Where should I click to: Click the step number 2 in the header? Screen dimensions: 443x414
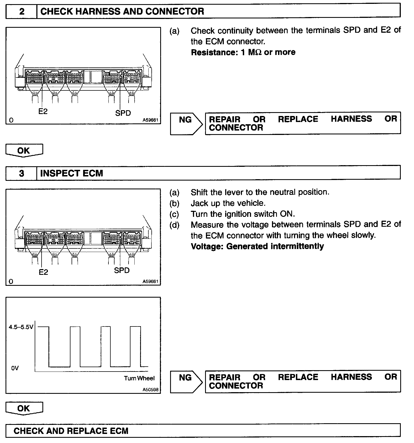[21, 12]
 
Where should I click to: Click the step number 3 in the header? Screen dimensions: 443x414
[21, 173]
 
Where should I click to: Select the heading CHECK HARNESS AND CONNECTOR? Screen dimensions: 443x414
[122, 12]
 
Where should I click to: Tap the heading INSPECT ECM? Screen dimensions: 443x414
[72, 173]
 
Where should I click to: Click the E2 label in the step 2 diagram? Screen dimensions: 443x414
[43, 111]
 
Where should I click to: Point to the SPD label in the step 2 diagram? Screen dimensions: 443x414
[123, 113]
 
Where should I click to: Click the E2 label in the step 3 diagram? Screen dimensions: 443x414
[43, 272]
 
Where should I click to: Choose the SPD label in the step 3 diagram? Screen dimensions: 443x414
[122, 270]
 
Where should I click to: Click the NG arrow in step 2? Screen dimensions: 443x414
[186, 123]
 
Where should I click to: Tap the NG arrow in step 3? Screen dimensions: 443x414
[186, 381]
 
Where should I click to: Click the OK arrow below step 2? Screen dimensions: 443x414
[24, 151]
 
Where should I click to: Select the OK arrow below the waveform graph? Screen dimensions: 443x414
[24, 408]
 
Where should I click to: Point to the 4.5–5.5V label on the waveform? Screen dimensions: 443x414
[21, 327]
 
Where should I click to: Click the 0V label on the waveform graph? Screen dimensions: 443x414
[15, 368]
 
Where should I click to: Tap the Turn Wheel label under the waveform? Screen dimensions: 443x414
[139, 378]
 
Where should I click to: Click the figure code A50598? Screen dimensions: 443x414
[151, 389]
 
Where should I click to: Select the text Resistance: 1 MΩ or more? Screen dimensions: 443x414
[243, 52]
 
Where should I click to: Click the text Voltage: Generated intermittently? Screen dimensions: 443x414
[257, 246]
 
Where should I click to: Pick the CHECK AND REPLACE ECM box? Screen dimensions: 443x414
[71, 431]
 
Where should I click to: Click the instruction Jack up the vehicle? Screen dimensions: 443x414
[228, 203]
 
